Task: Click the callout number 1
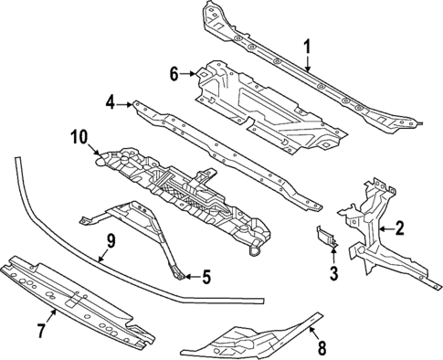(307, 45)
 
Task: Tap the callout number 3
(333, 272)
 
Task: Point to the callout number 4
(110, 103)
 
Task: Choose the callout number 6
(174, 72)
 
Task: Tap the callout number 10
(78, 139)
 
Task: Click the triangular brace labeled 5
(146, 224)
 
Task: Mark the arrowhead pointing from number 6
(196, 72)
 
